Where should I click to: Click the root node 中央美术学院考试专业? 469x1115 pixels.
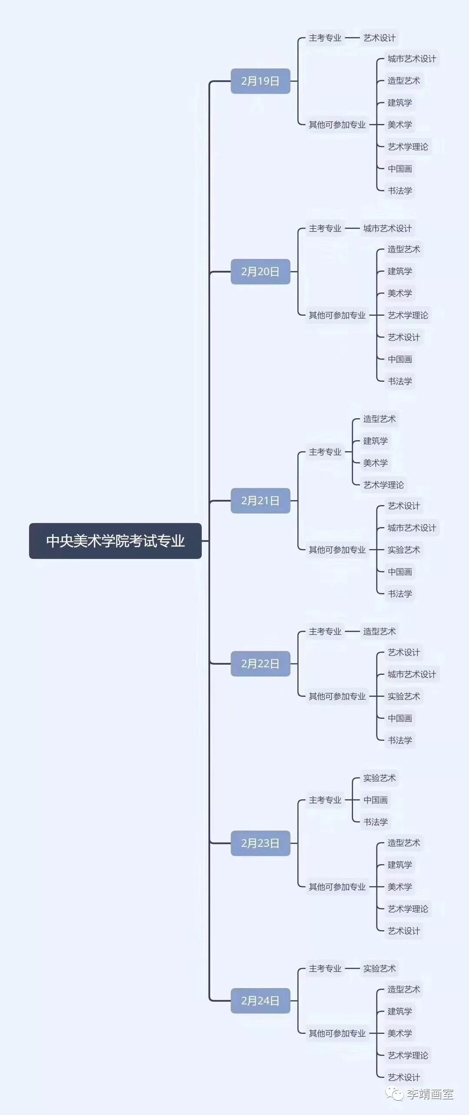click(x=115, y=541)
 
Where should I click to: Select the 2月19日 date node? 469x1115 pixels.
click(x=260, y=81)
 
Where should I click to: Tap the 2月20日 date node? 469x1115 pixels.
click(x=260, y=272)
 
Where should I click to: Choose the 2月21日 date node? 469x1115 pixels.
click(x=260, y=501)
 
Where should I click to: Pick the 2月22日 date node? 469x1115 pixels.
click(x=260, y=663)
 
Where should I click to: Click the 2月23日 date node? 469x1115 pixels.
click(x=260, y=843)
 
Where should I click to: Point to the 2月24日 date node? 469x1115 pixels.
click(x=260, y=1000)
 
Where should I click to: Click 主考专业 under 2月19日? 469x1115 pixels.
click(x=325, y=38)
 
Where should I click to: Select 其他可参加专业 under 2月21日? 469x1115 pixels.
click(x=337, y=550)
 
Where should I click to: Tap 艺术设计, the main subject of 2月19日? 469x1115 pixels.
click(x=379, y=38)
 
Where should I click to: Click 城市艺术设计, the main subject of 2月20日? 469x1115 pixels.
click(x=387, y=229)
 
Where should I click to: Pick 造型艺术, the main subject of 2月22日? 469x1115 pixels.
click(x=379, y=631)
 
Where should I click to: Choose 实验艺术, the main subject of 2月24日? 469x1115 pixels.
click(x=379, y=968)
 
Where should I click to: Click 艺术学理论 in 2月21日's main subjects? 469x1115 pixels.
click(x=383, y=485)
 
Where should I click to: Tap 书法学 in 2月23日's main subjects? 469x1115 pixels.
click(x=375, y=822)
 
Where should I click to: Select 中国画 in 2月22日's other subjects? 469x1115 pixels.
click(x=400, y=718)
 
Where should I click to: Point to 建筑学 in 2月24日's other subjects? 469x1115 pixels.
click(x=400, y=1011)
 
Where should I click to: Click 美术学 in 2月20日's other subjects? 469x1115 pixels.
click(x=400, y=293)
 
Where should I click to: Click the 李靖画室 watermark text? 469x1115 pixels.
click(x=430, y=1094)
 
